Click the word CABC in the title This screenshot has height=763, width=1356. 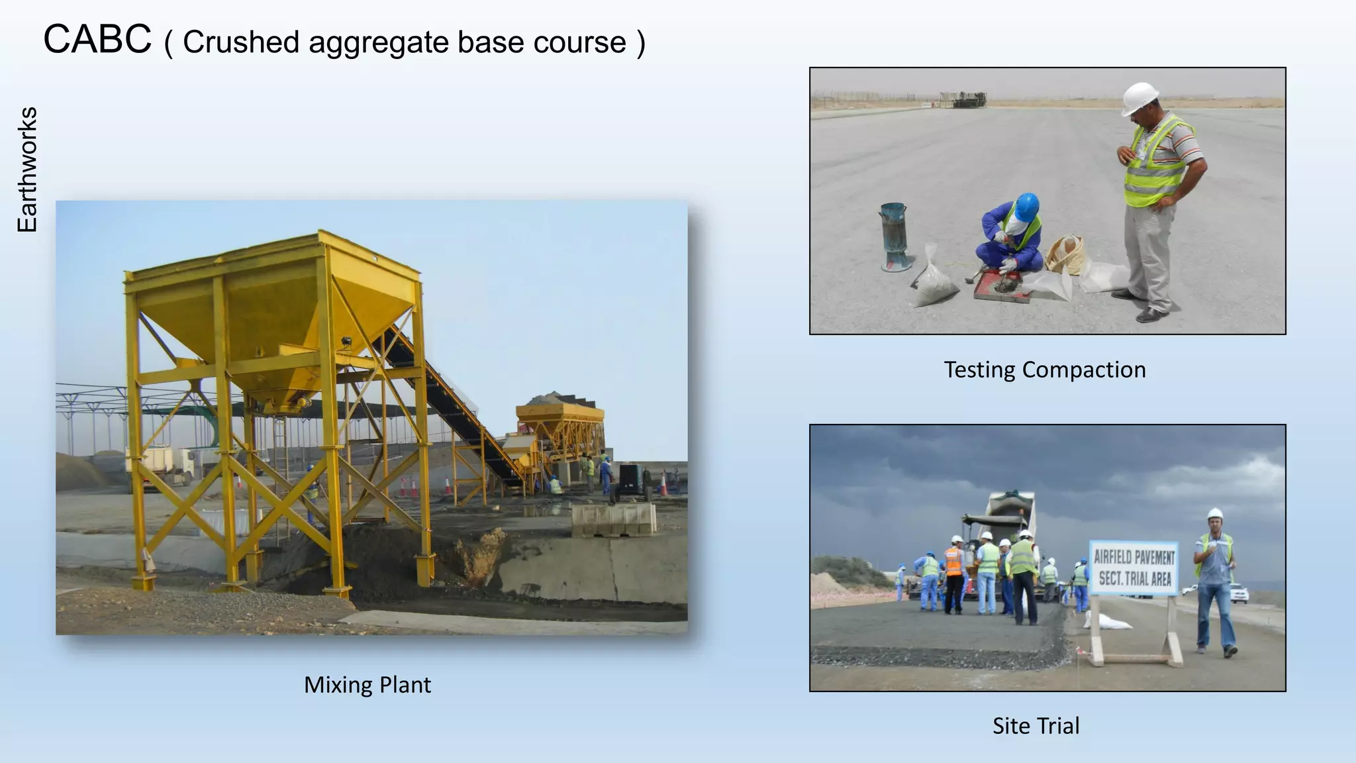97,40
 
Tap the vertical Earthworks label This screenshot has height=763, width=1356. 27,170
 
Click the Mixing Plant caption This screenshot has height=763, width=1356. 367,685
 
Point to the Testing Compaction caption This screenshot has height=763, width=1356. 1044,370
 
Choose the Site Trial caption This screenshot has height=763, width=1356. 1036,726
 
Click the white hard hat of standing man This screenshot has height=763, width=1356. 1139,97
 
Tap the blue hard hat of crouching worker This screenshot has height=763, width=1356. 1027,206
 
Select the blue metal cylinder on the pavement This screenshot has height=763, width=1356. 894,236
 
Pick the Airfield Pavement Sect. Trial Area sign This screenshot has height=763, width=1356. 1134,568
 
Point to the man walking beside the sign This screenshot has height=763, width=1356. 1216,583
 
